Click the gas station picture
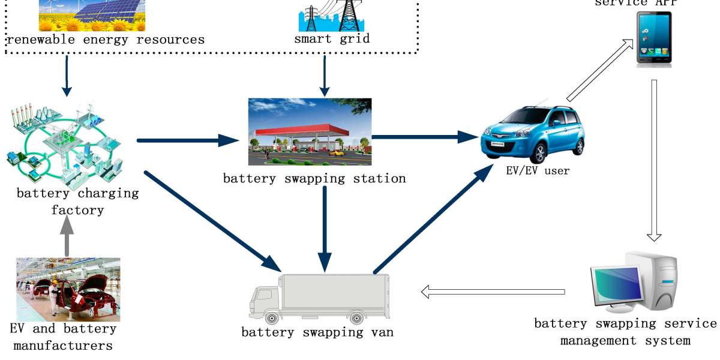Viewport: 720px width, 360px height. click(x=310, y=131)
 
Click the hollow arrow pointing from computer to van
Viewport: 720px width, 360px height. click(x=492, y=292)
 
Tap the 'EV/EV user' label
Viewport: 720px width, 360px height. click(x=538, y=171)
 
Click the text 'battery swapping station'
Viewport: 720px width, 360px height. click(x=314, y=178)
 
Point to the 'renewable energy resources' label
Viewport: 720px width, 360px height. click(x=105, y=40)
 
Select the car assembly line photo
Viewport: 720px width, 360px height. click(x=68, y=289)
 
